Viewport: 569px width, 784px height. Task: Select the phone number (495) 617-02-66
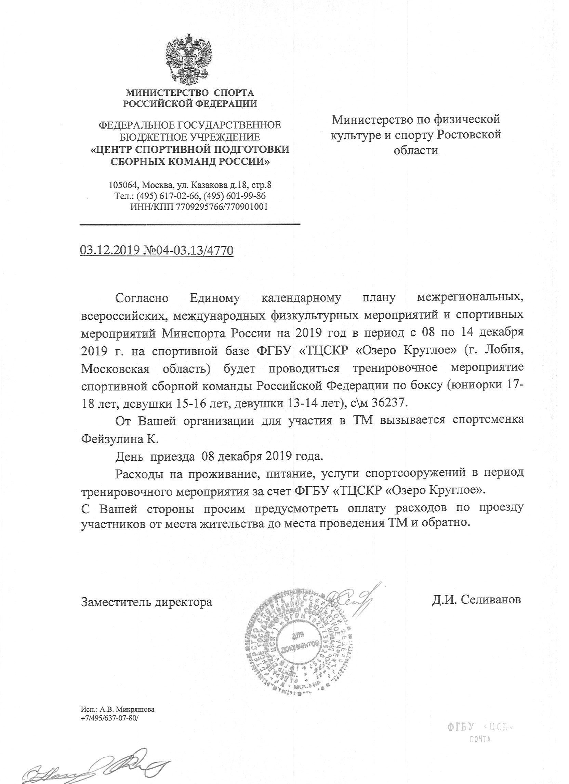click(168, 196)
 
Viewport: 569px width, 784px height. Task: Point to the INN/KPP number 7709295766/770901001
click(222, 207)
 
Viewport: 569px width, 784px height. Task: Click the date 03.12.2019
click(110, 250)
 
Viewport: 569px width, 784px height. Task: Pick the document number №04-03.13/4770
click(188, 250)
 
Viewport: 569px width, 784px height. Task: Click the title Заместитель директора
click(147, 602)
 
